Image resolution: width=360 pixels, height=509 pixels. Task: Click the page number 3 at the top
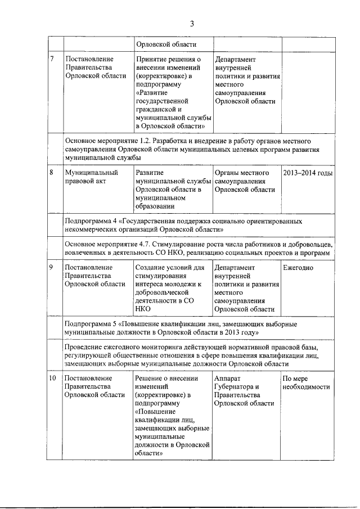(191, 24)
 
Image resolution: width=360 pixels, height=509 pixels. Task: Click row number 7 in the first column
(52, 59)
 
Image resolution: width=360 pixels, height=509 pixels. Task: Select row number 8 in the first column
(52, 173)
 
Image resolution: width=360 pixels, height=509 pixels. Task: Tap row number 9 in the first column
(52, 267)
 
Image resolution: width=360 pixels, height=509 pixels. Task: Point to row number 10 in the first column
(52, 379)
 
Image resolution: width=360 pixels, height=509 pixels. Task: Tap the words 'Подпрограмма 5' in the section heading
(91, 325)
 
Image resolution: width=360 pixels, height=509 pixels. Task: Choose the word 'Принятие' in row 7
(151, 59)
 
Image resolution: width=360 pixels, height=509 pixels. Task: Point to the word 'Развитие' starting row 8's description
(150, 173)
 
